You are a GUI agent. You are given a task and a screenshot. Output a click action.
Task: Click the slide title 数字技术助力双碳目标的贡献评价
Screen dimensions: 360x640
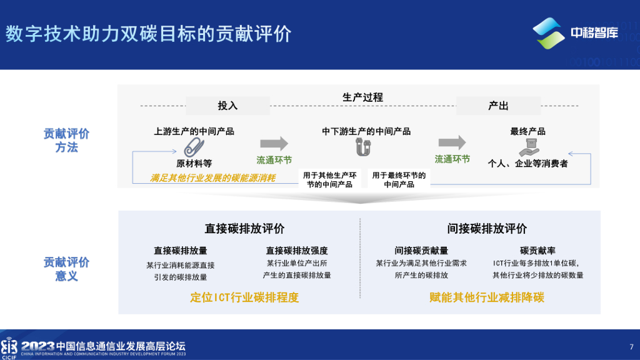tap(148, 34)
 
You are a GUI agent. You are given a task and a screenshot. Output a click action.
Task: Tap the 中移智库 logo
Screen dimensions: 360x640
tap(575, 32)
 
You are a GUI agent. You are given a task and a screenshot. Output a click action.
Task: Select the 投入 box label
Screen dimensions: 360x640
tap(227, 106)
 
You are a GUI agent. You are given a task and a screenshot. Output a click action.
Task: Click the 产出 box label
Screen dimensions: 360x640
tap(498, 106)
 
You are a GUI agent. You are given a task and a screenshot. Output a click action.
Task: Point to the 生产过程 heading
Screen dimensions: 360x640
tap(362, 97)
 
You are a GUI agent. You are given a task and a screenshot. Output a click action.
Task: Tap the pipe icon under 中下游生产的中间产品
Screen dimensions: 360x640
tap(363, 148)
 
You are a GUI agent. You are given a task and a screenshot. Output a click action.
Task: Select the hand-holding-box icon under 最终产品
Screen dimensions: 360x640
tap(527, 147)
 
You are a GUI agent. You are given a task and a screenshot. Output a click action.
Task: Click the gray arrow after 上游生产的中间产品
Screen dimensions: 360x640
tap(274, 142)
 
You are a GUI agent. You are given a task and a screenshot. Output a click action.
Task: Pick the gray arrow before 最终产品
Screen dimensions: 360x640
tap(452, 142)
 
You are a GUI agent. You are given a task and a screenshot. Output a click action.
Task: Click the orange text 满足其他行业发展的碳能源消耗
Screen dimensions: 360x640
tap(213, 178)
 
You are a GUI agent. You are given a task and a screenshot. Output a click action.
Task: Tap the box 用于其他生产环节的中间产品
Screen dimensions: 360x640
tap(329, 180)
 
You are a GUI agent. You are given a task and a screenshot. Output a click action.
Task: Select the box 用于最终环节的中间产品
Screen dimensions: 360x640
tap(399, 180)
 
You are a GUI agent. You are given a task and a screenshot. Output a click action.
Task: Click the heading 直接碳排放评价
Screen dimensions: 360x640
tap(244, 229)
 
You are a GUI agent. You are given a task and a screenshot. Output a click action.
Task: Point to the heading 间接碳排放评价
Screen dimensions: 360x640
tap(487, 229)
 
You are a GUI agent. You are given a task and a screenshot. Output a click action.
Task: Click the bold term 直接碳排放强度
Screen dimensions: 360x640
tap(297, 251)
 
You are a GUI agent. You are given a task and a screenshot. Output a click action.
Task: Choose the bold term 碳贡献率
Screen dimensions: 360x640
tap(537, 251)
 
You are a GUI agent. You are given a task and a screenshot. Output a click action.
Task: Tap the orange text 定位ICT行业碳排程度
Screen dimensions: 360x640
tap(244, 297)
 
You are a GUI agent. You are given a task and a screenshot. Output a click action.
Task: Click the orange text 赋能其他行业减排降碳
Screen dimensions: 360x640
tap(487, 297)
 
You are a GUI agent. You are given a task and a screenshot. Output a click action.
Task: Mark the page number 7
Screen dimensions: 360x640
tap(631, 347)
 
